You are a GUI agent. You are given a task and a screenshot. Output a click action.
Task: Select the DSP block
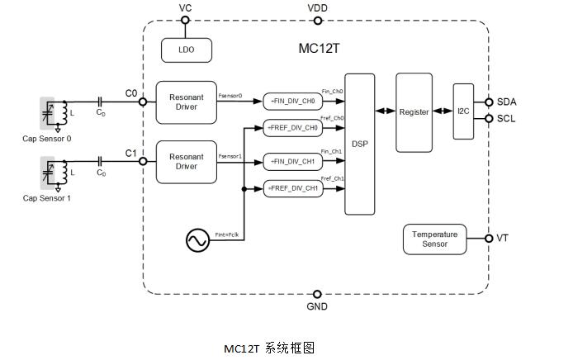(359, 144)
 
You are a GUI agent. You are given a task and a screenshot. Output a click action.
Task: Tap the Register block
(414, 112)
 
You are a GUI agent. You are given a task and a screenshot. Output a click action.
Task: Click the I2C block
(462, 111)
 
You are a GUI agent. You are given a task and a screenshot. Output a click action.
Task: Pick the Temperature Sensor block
(434, 239)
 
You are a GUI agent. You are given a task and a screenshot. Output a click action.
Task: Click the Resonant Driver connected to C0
(186, 102)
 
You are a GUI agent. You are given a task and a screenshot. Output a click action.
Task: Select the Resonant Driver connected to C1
(186, 161)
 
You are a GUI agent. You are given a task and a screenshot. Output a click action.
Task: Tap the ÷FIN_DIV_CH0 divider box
(292, 102)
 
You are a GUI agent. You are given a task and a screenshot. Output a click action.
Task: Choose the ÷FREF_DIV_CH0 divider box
(292, 128)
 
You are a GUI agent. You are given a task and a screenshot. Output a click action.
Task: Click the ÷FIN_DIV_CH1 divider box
(292, 161)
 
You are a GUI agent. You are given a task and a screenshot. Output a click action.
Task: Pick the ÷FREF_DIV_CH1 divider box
(292, 188)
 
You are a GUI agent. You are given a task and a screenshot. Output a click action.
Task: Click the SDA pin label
(507, 102)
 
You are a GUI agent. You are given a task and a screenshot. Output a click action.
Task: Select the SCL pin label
(507, 119)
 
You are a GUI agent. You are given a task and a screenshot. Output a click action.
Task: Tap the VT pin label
(502, 239)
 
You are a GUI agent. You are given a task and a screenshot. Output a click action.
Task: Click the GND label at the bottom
(317, 306)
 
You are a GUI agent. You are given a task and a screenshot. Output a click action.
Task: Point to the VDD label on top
(318, 7)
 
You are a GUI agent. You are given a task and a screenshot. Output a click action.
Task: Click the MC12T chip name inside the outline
(319, 48)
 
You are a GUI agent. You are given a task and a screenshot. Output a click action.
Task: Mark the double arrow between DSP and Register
(385, 111)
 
